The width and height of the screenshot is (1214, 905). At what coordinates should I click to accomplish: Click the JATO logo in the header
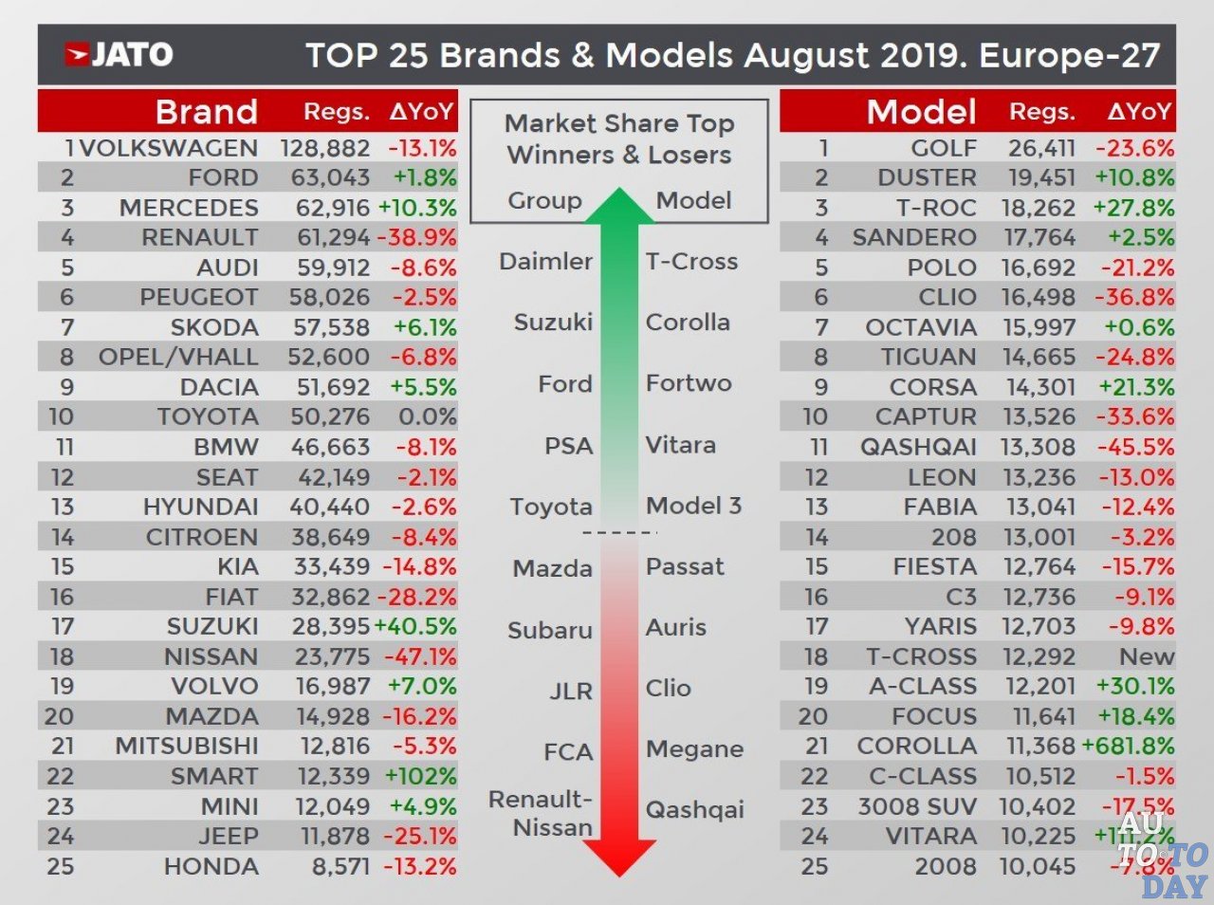coord(119,54)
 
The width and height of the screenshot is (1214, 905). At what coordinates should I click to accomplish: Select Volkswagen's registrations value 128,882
coord(324,148)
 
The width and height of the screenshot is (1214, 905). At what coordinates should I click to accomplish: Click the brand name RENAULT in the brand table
coord(199,237)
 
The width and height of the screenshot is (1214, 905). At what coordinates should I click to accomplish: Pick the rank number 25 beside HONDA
coord(60,866)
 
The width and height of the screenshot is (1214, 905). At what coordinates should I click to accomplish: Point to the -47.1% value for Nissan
coord(420,656)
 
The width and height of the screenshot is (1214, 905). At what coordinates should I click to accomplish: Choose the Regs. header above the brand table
coord(336,112)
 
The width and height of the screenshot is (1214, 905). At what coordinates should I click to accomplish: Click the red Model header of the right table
coord(921,112)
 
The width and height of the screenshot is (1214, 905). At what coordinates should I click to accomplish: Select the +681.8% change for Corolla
coord(1128,747)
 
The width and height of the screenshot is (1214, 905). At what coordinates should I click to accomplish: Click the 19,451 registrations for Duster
coord(1038,177)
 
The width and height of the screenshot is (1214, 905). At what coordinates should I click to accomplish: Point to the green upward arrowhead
coord(619,206)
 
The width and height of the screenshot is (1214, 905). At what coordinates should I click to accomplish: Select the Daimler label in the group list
coord(545,261)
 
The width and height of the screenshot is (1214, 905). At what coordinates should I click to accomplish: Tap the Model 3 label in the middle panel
coord(693,506)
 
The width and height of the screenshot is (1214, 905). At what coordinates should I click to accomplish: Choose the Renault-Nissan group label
coord(541,813)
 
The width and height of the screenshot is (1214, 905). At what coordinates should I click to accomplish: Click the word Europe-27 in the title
coord(1069,55)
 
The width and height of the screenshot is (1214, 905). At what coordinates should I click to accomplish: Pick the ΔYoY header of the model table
coord(1139,112)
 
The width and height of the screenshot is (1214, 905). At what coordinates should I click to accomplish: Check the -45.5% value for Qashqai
coord(1134,447)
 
